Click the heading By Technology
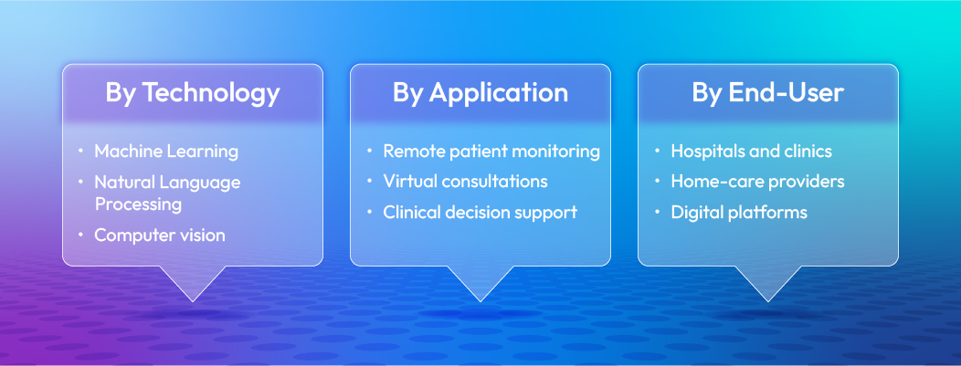point(192,93)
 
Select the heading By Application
point(480,93)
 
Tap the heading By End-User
point(767,93)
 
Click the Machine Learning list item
point(165,151)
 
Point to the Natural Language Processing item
point(167,193)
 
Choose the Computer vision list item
point(159,235)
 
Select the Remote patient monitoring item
point(491,151)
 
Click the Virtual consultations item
point(465,181)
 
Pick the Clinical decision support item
point(480,212)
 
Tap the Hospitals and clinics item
point(751,151)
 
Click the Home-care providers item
point(757,181)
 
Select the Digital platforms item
point(739,212)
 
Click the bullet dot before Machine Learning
point(80,151)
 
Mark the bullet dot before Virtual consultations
point(369,182)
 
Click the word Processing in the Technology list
point(138,204)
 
